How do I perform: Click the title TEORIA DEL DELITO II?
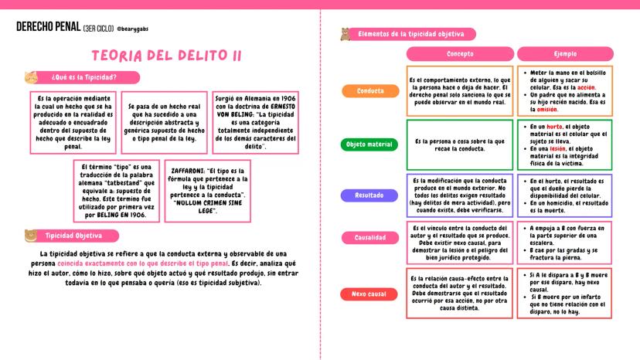(x=167, y=56)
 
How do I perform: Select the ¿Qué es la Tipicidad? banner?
(x=83, y=77)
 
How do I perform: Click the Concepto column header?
(x=460, y=54)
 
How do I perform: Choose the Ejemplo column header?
(x=565, y=54)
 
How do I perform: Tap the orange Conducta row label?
(x=370, y=91)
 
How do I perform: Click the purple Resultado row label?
(x=369, y=195)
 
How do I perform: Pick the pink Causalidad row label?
(x=369, y=238)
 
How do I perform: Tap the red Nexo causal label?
(x=369, y=294)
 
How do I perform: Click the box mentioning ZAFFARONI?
(x=207, y=191)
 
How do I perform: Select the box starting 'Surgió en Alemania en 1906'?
(x=255, y=123)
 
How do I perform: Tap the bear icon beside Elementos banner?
(x=346, y=35)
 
